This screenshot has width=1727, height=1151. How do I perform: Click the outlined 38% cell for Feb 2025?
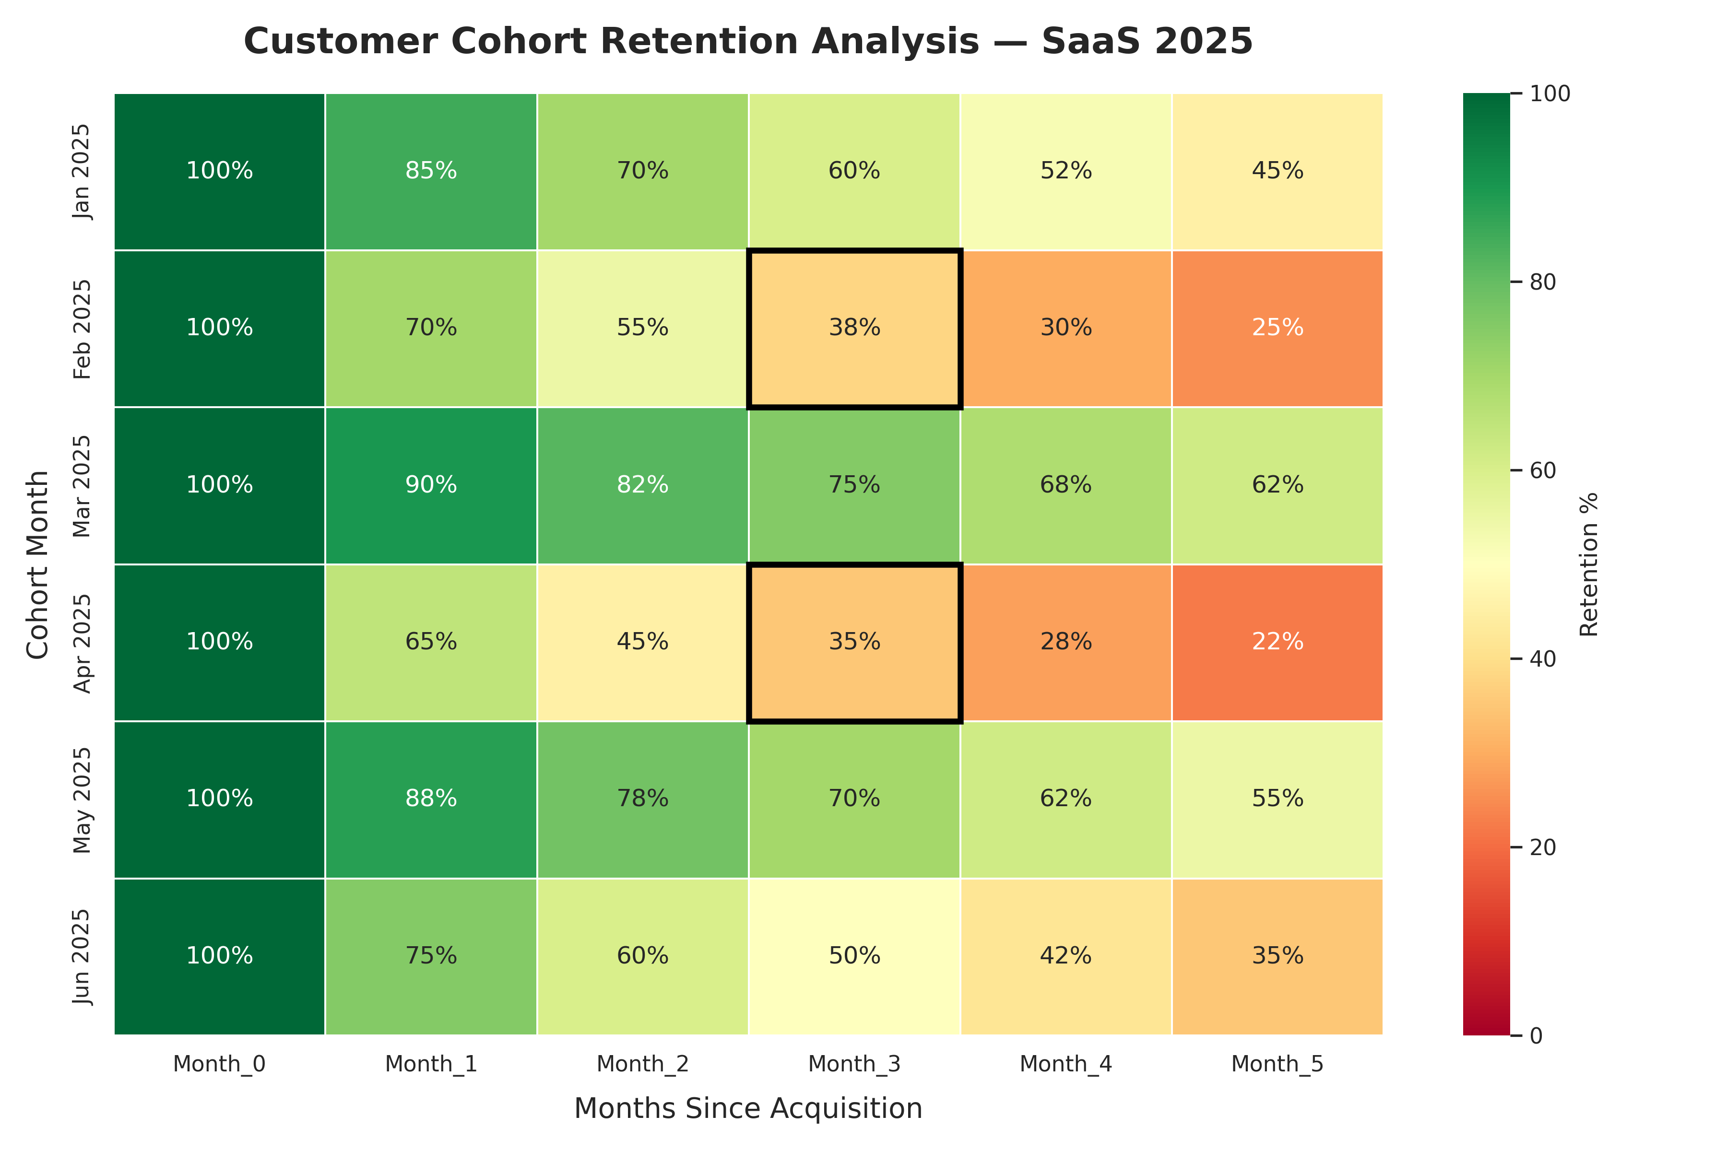pyautogui.click(x=854, y=328)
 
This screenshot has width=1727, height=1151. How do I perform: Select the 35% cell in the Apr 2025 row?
pyautogui.click(x=854, y=642)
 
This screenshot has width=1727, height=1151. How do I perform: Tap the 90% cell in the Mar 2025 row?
pyautogui.click(x=431, y=485)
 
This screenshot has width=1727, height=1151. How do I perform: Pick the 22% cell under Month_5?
pyautogui.click(x=1278, y=642)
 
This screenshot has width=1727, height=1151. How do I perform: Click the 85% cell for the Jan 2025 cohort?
pyautogui.click(x=431, y=171)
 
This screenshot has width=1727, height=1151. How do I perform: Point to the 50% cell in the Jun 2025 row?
pyautogui.click(x=854, y=956)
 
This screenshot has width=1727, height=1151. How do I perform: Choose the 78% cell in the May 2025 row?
pyautogui.click(x=642, y=799)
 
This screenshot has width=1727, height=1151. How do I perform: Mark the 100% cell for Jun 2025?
pyautogui.click(x=220, y=956)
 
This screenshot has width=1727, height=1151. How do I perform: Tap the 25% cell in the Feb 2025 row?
pyautogui.click(x=1278, y=328)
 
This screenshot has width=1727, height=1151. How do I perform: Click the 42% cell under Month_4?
pyautogui.click(x=1065, y=956)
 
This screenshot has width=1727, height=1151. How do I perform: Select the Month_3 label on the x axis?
pyautogui.click(x=854, y=1064)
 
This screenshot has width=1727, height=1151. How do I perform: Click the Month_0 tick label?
pyautogui.click(x=220, y=1064)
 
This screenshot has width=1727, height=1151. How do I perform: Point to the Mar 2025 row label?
pyautogui.click(x=82, y=486)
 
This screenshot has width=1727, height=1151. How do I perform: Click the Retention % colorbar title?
pyautogui.click(x=1588, y=564)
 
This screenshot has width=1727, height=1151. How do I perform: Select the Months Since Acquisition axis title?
pyautogui.click(x=748, y=1108)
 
